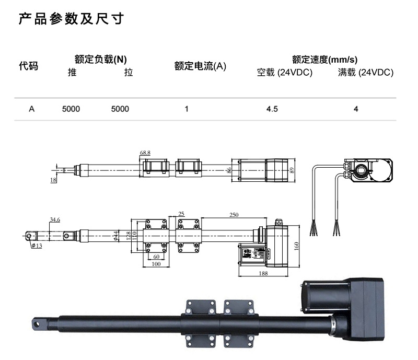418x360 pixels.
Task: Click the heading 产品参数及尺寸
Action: (71, 20)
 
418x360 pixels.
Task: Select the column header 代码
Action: (28, 66)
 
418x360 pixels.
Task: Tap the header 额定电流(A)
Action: (200, 66)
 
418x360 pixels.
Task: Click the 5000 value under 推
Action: (71, 109)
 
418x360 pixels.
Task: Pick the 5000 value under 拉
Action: (120, 109)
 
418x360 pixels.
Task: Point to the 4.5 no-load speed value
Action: (272, 109)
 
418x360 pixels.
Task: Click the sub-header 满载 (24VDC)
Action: (366, 73)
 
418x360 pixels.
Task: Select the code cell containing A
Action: (31, 109)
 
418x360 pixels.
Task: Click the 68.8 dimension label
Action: (145, 153)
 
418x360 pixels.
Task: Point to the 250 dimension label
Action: (234, 215)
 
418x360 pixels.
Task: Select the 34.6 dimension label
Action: (55, 220)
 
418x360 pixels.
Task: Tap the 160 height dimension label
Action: (296, 246)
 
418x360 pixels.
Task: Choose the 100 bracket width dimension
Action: (156, 264)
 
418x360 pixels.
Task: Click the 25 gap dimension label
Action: (181, 214)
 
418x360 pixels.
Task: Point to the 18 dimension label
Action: (53, 180)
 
